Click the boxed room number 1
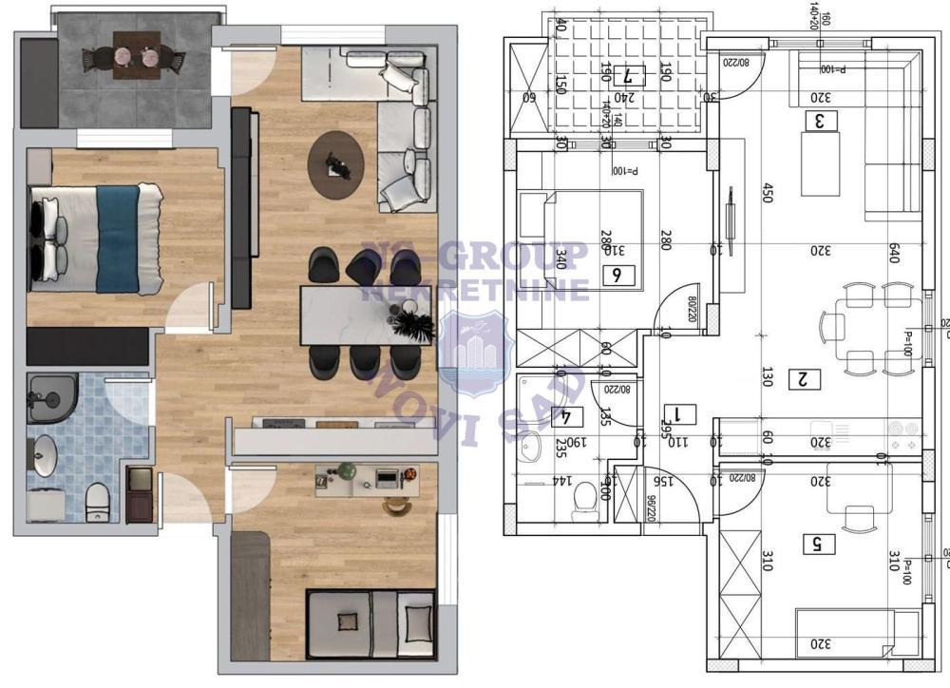684,413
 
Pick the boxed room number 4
567,415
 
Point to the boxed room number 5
817,545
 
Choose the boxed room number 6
617,276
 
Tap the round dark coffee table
335,164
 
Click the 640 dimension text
893,253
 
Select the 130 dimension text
768,377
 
